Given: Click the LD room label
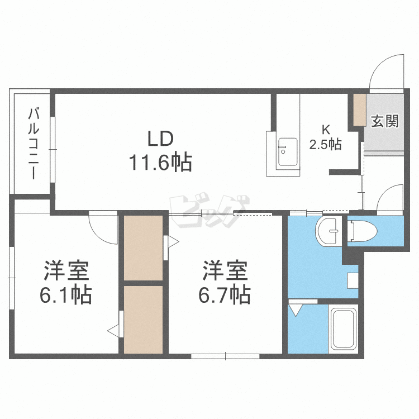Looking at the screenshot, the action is pos(161,139).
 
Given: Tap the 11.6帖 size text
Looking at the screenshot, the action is pos(160,162).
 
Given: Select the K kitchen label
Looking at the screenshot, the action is pos(326,130).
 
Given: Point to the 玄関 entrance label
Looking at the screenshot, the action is pos(384,121).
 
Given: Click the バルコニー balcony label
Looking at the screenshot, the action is pos(34,144).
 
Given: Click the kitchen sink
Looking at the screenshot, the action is pos(288,152).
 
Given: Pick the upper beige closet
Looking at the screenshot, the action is pos(143,248).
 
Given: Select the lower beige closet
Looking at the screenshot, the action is pos(143,320).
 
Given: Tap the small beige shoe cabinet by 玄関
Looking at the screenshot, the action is pos(359,110).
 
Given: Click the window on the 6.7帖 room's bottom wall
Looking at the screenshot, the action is pos(225,356).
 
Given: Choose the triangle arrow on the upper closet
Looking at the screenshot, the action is pos(173,242).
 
